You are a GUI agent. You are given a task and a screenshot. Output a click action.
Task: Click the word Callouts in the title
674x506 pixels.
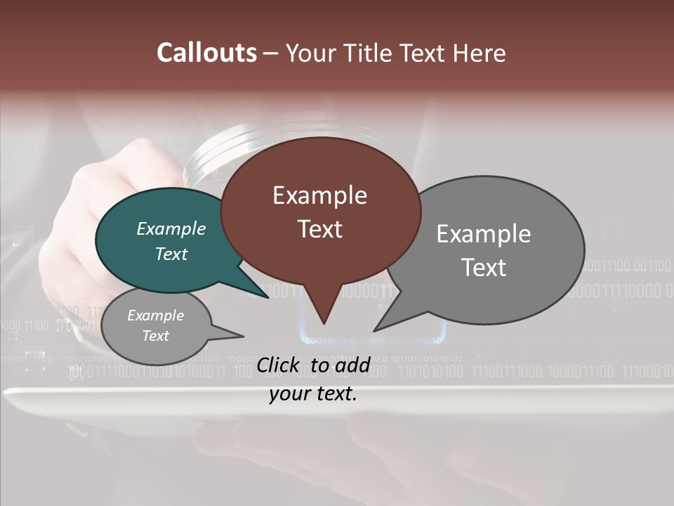pos(206,53)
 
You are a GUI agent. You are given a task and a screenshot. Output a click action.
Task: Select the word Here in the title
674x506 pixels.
pos(480,53)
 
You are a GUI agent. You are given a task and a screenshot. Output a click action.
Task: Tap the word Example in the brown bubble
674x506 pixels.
pos(319,195)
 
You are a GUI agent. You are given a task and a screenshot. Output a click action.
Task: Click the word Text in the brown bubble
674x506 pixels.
pos(319,228)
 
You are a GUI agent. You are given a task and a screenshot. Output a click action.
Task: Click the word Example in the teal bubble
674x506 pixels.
pos(171,228)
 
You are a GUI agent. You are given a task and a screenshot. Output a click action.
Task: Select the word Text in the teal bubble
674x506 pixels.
pos(171,254)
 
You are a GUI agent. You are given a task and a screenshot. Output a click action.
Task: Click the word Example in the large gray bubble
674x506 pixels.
pos(484,234)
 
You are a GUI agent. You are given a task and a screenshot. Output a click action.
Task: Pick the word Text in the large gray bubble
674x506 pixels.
pos(484,267)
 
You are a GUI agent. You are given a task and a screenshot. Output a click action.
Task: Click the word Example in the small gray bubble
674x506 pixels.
pos(155,316)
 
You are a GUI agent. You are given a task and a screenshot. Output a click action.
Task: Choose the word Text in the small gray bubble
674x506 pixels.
pos(155,336)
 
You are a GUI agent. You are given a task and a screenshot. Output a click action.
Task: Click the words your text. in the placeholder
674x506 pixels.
pos(313,394)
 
